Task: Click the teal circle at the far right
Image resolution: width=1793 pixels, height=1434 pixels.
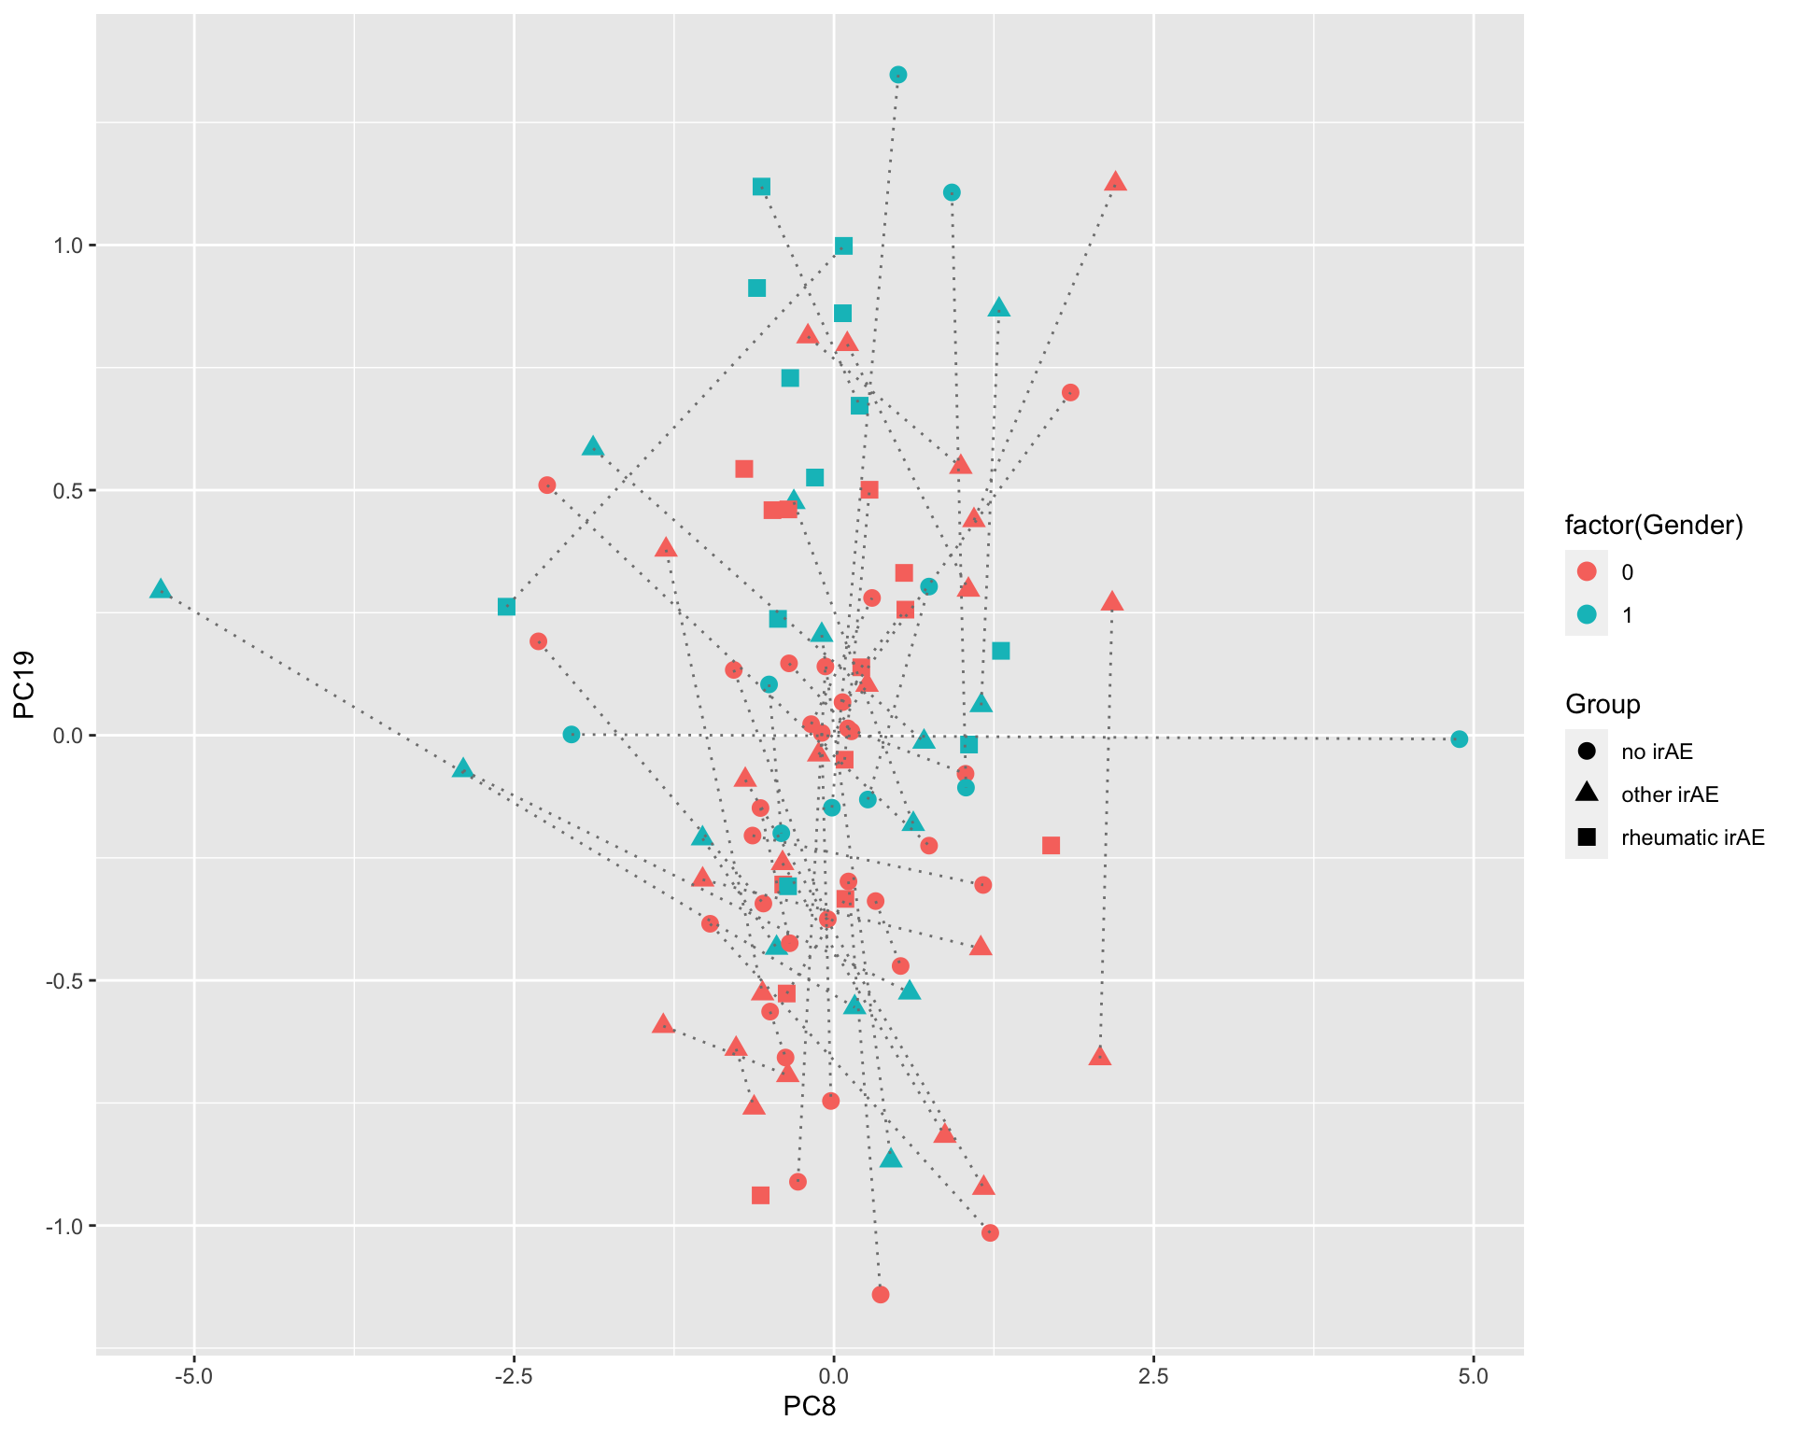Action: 1459,739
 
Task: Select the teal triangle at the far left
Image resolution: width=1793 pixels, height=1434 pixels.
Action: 161,590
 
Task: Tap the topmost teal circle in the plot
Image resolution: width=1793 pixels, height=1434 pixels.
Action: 898,75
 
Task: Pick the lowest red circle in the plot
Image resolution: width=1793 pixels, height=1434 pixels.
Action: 880,1294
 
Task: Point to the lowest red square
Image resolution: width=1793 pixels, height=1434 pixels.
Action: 760,1195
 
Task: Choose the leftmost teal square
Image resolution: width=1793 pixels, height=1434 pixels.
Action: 506,607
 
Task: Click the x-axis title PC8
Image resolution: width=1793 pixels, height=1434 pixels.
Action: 809,1406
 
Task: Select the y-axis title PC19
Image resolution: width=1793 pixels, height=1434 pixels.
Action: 23,684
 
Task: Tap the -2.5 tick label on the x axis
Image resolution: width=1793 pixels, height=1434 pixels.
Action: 513,1377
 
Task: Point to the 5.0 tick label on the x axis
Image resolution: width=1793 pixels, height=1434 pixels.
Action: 1473,1377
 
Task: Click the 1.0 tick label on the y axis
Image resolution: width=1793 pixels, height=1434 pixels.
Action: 65,246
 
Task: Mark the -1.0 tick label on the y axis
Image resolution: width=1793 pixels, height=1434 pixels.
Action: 62,1226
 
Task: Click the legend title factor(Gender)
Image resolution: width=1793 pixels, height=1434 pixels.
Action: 1654,526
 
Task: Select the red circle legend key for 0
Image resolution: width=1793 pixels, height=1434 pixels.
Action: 1586,572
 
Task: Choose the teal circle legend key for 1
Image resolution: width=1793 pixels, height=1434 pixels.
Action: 1586,615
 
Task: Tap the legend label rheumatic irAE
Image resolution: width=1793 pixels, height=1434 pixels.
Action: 1693,837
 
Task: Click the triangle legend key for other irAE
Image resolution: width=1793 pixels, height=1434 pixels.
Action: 1586,794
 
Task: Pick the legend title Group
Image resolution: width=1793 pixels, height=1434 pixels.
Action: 1602,704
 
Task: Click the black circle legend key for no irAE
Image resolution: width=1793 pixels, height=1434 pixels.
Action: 1586,752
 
